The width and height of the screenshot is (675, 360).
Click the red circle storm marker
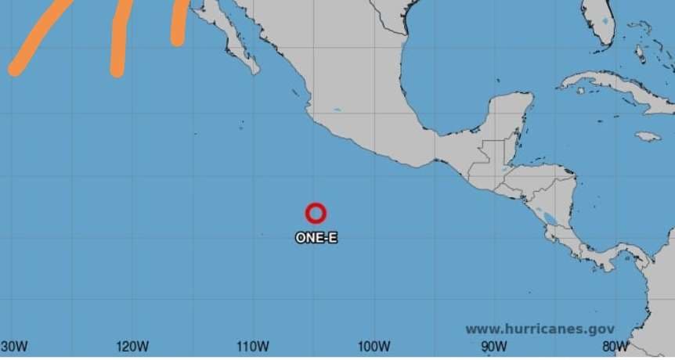[316, 213]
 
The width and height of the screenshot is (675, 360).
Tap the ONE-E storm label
[316, 237]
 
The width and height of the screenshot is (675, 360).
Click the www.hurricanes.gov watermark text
[540, 329]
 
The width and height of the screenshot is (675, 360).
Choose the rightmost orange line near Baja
[179, 22]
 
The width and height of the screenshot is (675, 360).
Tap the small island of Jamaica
[648, 136]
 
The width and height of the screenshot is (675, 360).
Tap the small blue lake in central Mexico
[337, 110]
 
